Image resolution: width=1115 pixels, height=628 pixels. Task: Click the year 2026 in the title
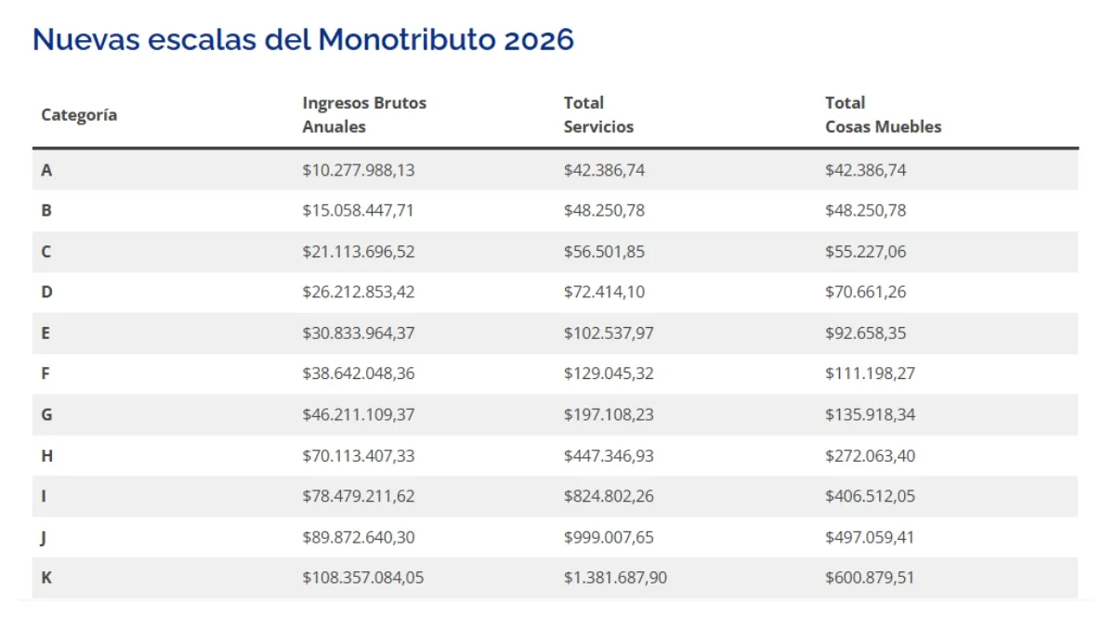click(x=539, y=39)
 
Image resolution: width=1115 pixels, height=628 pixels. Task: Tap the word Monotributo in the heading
click(x=407, y=39)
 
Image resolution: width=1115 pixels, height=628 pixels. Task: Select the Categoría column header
click(x=79, y=115)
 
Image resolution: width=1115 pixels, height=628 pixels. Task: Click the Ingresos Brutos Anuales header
click(x=364, y=114)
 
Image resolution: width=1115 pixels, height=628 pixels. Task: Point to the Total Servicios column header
click(x=598, y=114)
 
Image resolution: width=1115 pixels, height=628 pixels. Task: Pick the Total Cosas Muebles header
click(x=883, y=114)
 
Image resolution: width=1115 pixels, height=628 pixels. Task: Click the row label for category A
click(x=46, y=170)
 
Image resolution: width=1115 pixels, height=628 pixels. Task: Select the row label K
click(x=46, y=578)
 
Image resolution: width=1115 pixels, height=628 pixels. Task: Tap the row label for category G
click(x=46, y=414)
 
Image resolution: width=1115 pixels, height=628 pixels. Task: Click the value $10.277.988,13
click(x=359, y=170)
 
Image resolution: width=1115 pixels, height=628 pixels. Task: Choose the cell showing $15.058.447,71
click(x=358, y=211)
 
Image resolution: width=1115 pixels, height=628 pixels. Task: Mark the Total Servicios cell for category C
click(x=604, y=252)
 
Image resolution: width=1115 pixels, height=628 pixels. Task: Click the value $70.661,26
click(x=866, y=292)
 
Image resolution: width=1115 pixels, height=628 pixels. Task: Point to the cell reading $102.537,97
click(x=609, y=333)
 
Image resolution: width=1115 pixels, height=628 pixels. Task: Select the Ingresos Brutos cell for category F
click(x=359, y=373)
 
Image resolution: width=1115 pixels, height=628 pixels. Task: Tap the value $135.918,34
click(x=870, y=414)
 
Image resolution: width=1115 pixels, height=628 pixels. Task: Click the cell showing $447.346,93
click(x=609, y=456)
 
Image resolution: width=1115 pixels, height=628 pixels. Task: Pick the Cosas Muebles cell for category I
click(x=870, y=496)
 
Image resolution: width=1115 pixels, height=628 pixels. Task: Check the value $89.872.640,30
click(x=359, y=538)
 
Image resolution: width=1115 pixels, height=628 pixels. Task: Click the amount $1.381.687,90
click(x=615, y=578)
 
